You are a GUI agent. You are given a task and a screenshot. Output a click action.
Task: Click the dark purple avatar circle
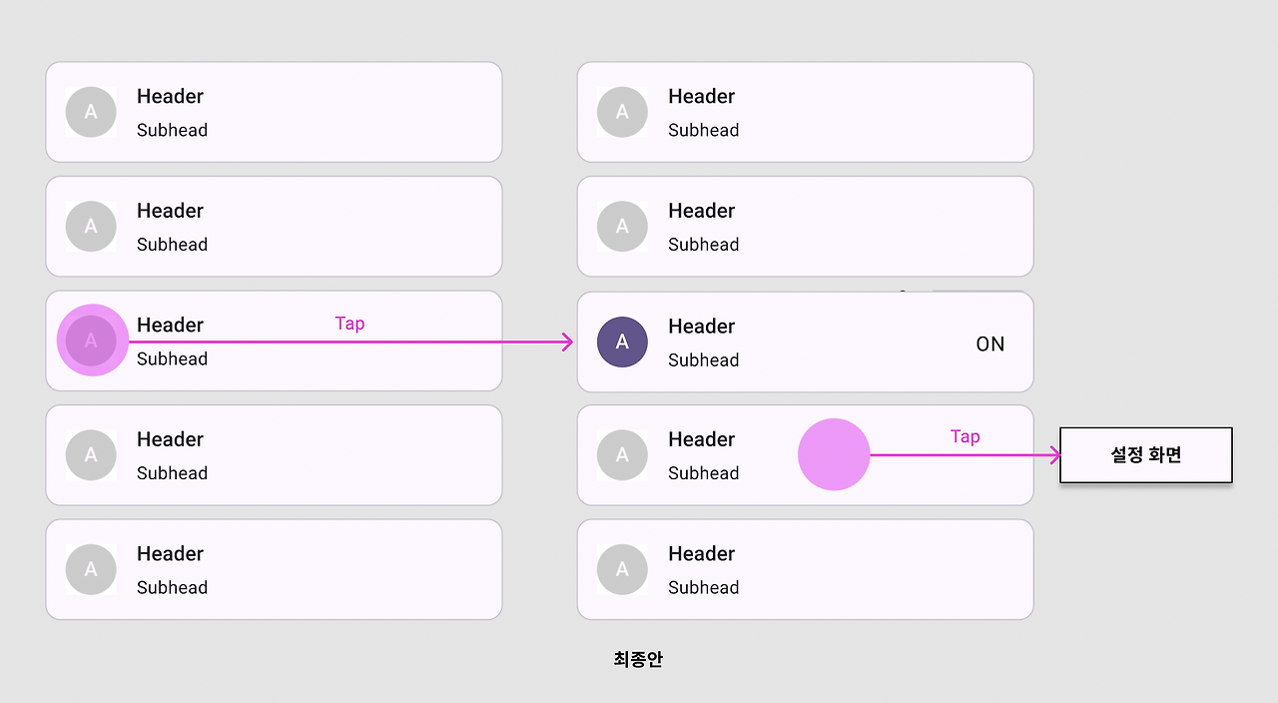coord(622,342)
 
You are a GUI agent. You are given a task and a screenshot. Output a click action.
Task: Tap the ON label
coord(990,345)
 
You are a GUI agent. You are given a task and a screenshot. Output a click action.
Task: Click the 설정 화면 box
coord(1145,455)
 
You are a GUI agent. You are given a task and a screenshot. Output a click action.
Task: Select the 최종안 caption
coord(638,659)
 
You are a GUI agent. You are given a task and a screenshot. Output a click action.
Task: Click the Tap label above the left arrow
coord(349,324)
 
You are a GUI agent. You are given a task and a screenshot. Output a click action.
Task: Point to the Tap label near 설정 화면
coord(964,436)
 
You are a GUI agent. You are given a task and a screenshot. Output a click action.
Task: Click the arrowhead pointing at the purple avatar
coord(568,343)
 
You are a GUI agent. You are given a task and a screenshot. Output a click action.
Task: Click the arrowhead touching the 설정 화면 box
coord(1054,455)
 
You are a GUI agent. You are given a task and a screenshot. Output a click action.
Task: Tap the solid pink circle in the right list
coord(834,454)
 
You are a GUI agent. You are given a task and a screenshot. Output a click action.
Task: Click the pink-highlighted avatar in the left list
coord(92,341)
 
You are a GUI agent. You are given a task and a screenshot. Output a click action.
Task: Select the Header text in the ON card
coord(701,327)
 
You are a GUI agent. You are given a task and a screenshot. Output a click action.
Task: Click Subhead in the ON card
coord(703,360)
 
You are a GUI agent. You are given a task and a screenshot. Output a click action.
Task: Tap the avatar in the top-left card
coord(91,112)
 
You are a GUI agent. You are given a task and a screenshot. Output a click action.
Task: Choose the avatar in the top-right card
coord(622,112)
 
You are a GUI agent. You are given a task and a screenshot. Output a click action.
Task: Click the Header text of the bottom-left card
coord(170,554)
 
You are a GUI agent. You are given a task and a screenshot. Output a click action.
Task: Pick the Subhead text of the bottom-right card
coord(703,588)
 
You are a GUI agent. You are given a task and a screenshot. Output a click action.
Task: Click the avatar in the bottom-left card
coord(91,569)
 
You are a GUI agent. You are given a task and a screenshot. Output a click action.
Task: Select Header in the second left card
coord(170,211)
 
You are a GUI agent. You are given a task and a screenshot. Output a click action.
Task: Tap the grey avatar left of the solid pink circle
coord(622,455)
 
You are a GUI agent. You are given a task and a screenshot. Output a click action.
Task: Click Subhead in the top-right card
coord(703,131)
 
